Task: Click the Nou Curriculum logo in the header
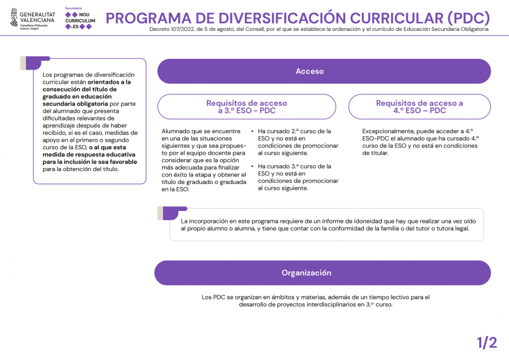click(80, 18)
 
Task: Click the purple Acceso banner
click(324, 71)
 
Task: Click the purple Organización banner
click(322, 272)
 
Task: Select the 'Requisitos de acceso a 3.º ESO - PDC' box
click(247, 106)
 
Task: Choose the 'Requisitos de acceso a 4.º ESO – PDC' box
click(419, 106)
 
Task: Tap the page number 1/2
click(487, 343)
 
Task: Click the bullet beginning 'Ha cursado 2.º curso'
click(297, 142)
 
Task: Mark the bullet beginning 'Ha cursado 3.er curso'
click(297, 177)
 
